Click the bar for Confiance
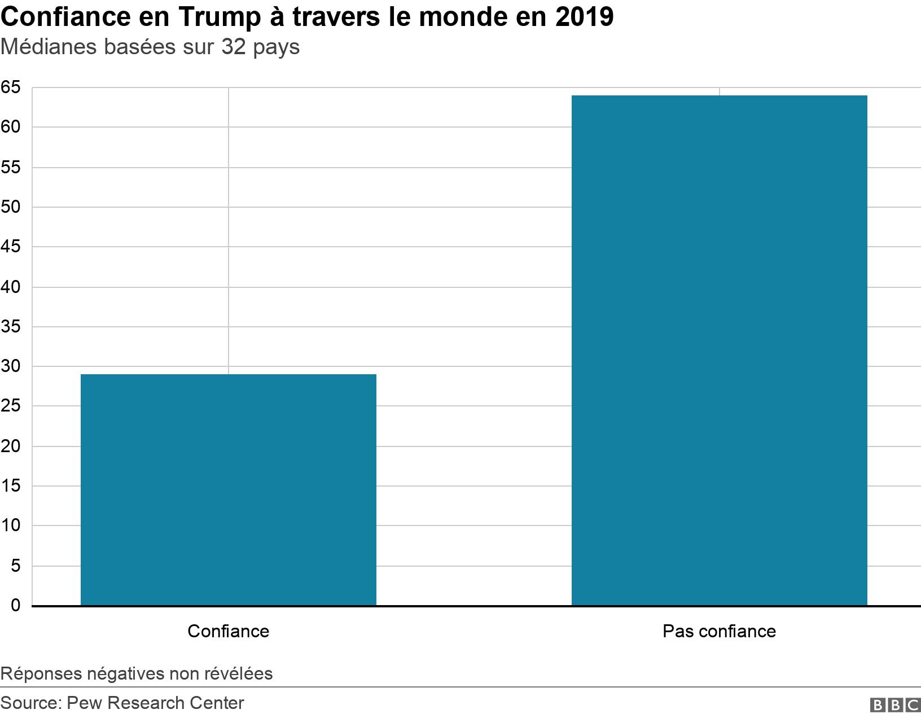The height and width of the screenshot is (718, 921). click(228, 489)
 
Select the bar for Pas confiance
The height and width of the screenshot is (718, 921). click(719, 350)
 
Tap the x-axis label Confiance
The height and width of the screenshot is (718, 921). click(228, 631)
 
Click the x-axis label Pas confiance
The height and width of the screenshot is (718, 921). click(719, 631)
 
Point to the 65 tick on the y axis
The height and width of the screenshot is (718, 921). click(10, 87)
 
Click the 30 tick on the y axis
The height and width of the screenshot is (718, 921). click(10, 366)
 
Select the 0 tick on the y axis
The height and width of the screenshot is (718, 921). click(15, 606)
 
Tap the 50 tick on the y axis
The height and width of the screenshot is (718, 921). click(10, 207)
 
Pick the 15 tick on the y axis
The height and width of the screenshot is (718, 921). click(10, 486)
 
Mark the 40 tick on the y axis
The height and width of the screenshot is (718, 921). click(10, 287)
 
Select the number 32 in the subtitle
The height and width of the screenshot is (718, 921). click(233, 47)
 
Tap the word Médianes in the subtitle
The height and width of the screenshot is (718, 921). click(49, 47)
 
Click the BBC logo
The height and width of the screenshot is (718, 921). click(895, 705)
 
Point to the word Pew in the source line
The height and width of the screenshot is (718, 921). click(84, 703)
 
